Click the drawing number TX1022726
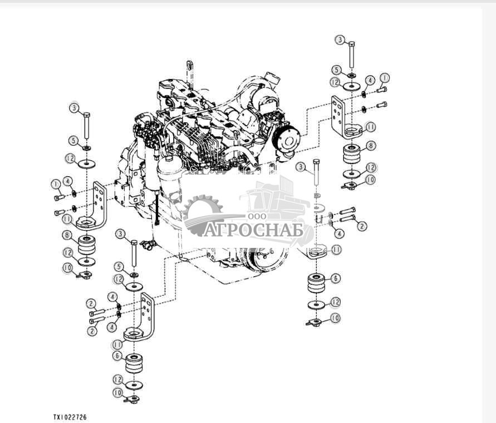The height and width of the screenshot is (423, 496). point(70,417)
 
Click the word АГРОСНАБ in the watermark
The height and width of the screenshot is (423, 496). point(253,230)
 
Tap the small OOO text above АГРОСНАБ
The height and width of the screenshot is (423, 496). point(257,216)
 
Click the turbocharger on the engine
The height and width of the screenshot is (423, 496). point(263,95)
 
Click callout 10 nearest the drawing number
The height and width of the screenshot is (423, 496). point(118,393)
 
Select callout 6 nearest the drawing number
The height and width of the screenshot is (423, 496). point(117,356)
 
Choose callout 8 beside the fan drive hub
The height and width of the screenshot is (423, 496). point(371,146)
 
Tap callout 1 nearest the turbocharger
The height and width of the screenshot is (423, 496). point(384,78)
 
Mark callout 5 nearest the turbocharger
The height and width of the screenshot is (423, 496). point(337,70)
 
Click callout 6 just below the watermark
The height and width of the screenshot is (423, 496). point(335,278)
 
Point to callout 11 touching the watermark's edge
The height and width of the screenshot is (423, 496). point(336,250)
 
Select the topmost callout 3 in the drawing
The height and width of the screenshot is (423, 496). point(340,40)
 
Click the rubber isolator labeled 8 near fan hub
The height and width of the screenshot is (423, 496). point(352,154)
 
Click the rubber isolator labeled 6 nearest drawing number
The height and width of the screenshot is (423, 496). point(134,364)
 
